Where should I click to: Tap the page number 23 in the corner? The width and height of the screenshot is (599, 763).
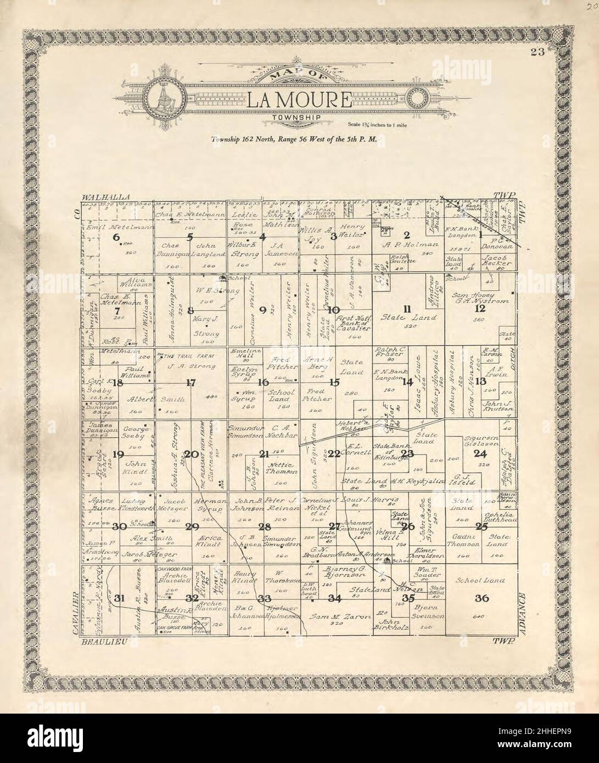click(536, 53)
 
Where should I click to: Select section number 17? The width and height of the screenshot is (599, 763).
click(191, 383)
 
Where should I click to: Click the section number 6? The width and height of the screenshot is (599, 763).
click(115, 237)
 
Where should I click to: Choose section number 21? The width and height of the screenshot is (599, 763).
click(264, 453)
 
